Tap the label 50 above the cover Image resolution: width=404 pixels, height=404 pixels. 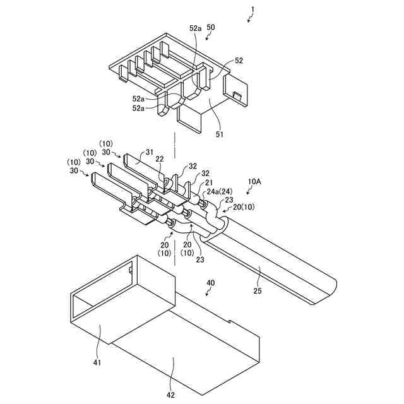210,28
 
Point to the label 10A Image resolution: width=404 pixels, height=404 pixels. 254,181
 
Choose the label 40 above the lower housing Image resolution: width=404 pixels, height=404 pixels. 211,283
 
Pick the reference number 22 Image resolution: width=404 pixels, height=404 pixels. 160,158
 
